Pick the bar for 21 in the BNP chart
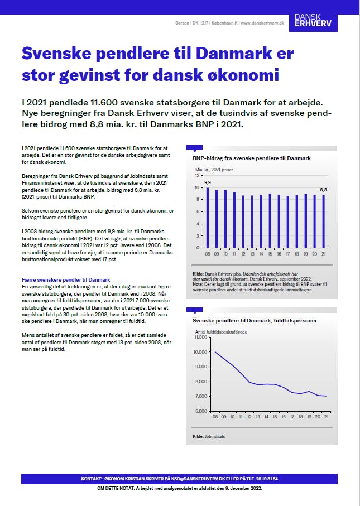click(x=323, y=221)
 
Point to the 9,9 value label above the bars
click(x=208, y=182)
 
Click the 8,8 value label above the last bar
click(x=323, y=190)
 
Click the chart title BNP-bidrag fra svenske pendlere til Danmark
click(x=252, y=158)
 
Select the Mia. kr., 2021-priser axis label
click(x=215, y=168)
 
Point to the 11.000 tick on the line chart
click(x=200, y=338)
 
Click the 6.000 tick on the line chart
click(x=201, y=411)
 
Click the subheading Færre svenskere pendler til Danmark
click(x=66, y=279)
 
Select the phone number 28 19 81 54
click(x=267, y=479)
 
